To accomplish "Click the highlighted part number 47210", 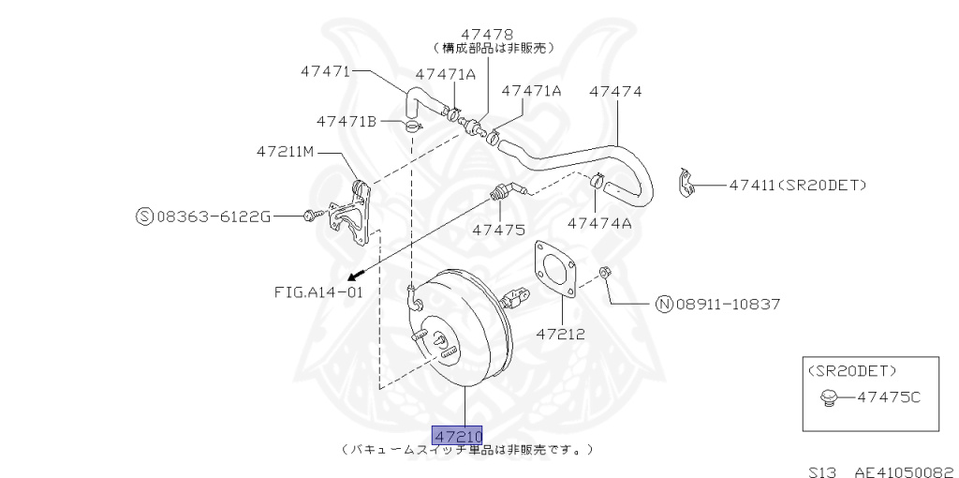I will click(457, 436).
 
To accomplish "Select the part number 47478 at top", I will click(487, 34).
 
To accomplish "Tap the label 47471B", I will click(346, 121).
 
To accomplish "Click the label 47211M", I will click(287, 151).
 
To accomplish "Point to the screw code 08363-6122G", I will click(214, 217).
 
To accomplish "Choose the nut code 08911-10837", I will click(728, 304).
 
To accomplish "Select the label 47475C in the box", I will click(889, 397).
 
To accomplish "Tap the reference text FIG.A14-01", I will click(318, 291).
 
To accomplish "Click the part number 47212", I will click(560, 333).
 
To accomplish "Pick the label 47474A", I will click(599, 223).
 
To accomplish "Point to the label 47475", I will click(498, 229).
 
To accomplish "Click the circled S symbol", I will click(144, 217).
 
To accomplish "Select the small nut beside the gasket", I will click(604, 273).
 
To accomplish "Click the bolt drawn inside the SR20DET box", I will click(826, 400).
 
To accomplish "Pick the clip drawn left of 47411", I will click(686, 184).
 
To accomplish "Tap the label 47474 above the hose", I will click(615, 91).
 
